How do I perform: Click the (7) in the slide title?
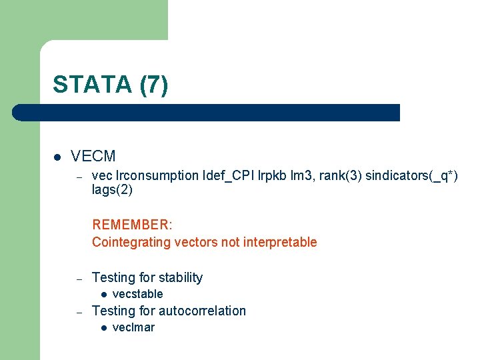click(154, 85)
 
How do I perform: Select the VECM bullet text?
click(93, 157)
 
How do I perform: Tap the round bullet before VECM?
click(57, 157)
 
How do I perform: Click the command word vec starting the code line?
click(101, 176)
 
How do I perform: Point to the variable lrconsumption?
click(157, 176)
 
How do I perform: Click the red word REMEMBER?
click(132, 225)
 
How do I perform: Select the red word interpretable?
click(279, 242)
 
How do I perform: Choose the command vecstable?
click(137, 294)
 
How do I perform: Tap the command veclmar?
click(133, 327)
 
